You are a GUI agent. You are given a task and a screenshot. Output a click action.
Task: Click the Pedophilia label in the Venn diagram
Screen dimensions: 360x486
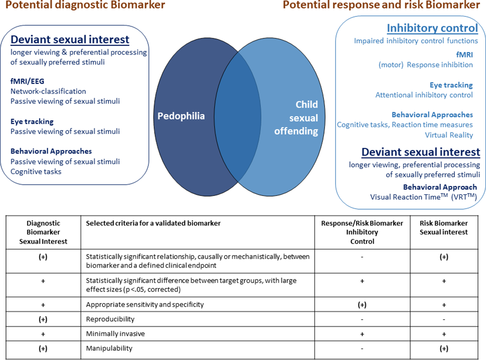pos(181,116)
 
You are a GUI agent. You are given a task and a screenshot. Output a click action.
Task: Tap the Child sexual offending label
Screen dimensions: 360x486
pos(296,118)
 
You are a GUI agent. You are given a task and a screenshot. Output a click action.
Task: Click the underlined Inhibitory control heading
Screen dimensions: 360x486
pos(432,28)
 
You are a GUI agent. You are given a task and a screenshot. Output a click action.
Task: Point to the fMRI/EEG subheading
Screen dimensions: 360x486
pos(27,81)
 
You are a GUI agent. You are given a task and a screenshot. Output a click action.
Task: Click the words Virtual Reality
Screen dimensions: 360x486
pos(449,135)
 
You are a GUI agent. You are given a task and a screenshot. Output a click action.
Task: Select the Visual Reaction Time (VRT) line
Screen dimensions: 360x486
pos(423,197)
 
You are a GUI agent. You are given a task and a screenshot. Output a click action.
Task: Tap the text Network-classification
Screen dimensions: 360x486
pos(48,91)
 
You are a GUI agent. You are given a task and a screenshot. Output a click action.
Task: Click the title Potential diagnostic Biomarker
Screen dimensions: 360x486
pos(85,5)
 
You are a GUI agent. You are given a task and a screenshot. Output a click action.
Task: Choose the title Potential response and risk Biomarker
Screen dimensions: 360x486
pos(381,5)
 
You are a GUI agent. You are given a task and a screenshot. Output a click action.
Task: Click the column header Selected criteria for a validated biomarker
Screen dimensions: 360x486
pos(153,223)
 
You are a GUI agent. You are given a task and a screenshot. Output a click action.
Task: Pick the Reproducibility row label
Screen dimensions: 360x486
pos(110,319)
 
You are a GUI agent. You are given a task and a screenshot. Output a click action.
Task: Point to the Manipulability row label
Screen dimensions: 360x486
pos(109,348)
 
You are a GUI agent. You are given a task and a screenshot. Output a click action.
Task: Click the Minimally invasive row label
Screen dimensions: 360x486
pos(115,334)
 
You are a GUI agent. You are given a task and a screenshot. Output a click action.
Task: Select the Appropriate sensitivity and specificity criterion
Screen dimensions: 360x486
pos(145,305)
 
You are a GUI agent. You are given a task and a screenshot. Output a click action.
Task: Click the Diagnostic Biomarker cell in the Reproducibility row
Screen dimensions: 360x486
pos(43,319)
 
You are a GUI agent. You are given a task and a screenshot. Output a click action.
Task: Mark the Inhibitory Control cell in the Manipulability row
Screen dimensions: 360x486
pos(362,349)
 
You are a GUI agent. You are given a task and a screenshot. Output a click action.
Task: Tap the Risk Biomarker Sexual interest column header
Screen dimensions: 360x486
pos(444,228)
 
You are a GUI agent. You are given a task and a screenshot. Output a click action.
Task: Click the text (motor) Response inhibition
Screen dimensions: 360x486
pos(426,65)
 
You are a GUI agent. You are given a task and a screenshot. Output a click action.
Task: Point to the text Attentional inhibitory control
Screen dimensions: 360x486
pos(424,95)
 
